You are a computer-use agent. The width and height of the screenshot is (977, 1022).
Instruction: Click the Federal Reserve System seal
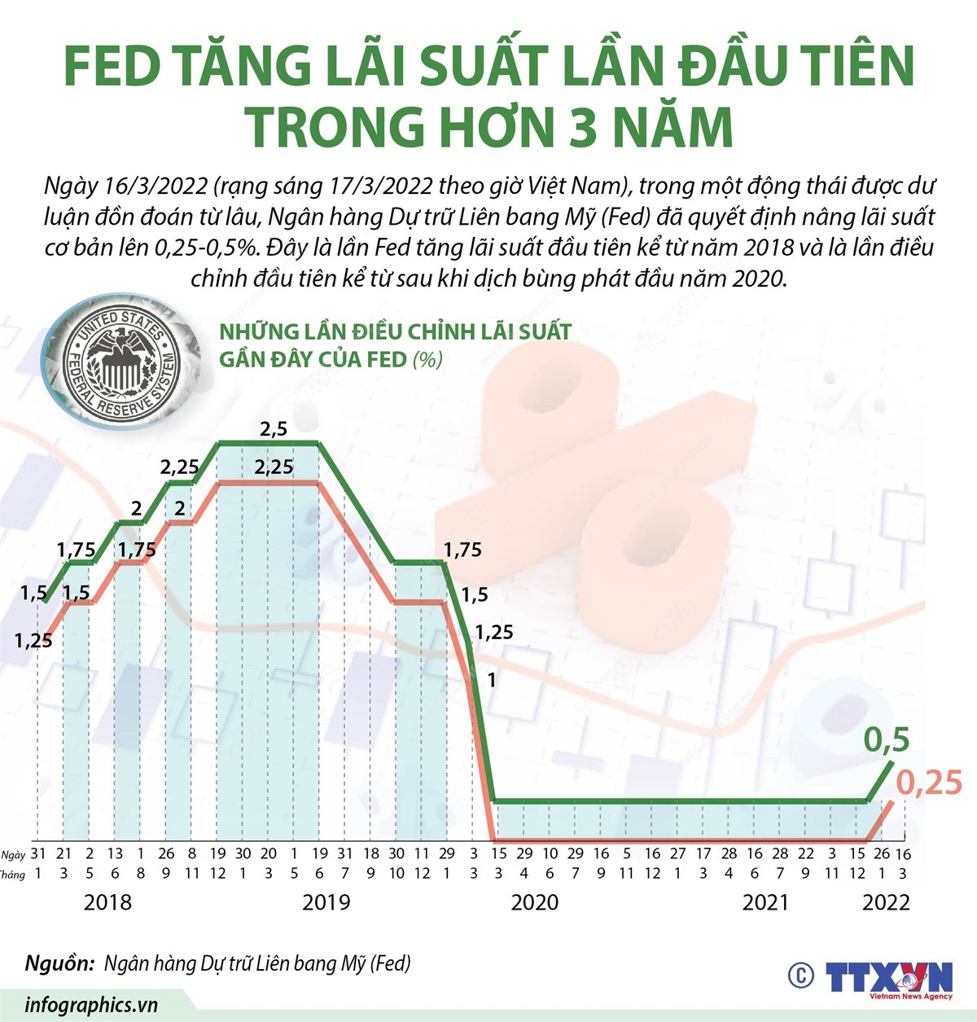122,362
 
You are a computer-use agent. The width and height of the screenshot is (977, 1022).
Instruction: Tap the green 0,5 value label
886,740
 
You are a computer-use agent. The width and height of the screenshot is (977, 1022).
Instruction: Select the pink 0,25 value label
929,783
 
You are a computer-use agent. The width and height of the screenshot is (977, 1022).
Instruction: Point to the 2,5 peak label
274,429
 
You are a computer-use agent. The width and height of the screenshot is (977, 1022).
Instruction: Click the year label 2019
326,902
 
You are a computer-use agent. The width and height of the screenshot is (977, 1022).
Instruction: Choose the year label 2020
535,902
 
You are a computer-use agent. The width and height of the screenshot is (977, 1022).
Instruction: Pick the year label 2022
886,902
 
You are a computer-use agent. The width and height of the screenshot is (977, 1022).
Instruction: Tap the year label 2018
107,902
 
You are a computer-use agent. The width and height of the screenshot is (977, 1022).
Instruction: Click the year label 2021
765,902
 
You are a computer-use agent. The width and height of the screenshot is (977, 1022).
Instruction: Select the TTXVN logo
888,978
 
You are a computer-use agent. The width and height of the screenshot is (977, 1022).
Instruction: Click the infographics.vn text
91,1005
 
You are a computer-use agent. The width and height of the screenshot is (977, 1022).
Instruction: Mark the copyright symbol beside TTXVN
800,976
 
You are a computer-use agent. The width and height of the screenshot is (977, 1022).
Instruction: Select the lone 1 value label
491,678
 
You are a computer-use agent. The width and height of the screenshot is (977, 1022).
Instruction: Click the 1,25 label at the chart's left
33,641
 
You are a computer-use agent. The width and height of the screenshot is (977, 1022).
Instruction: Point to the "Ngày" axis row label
13,854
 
